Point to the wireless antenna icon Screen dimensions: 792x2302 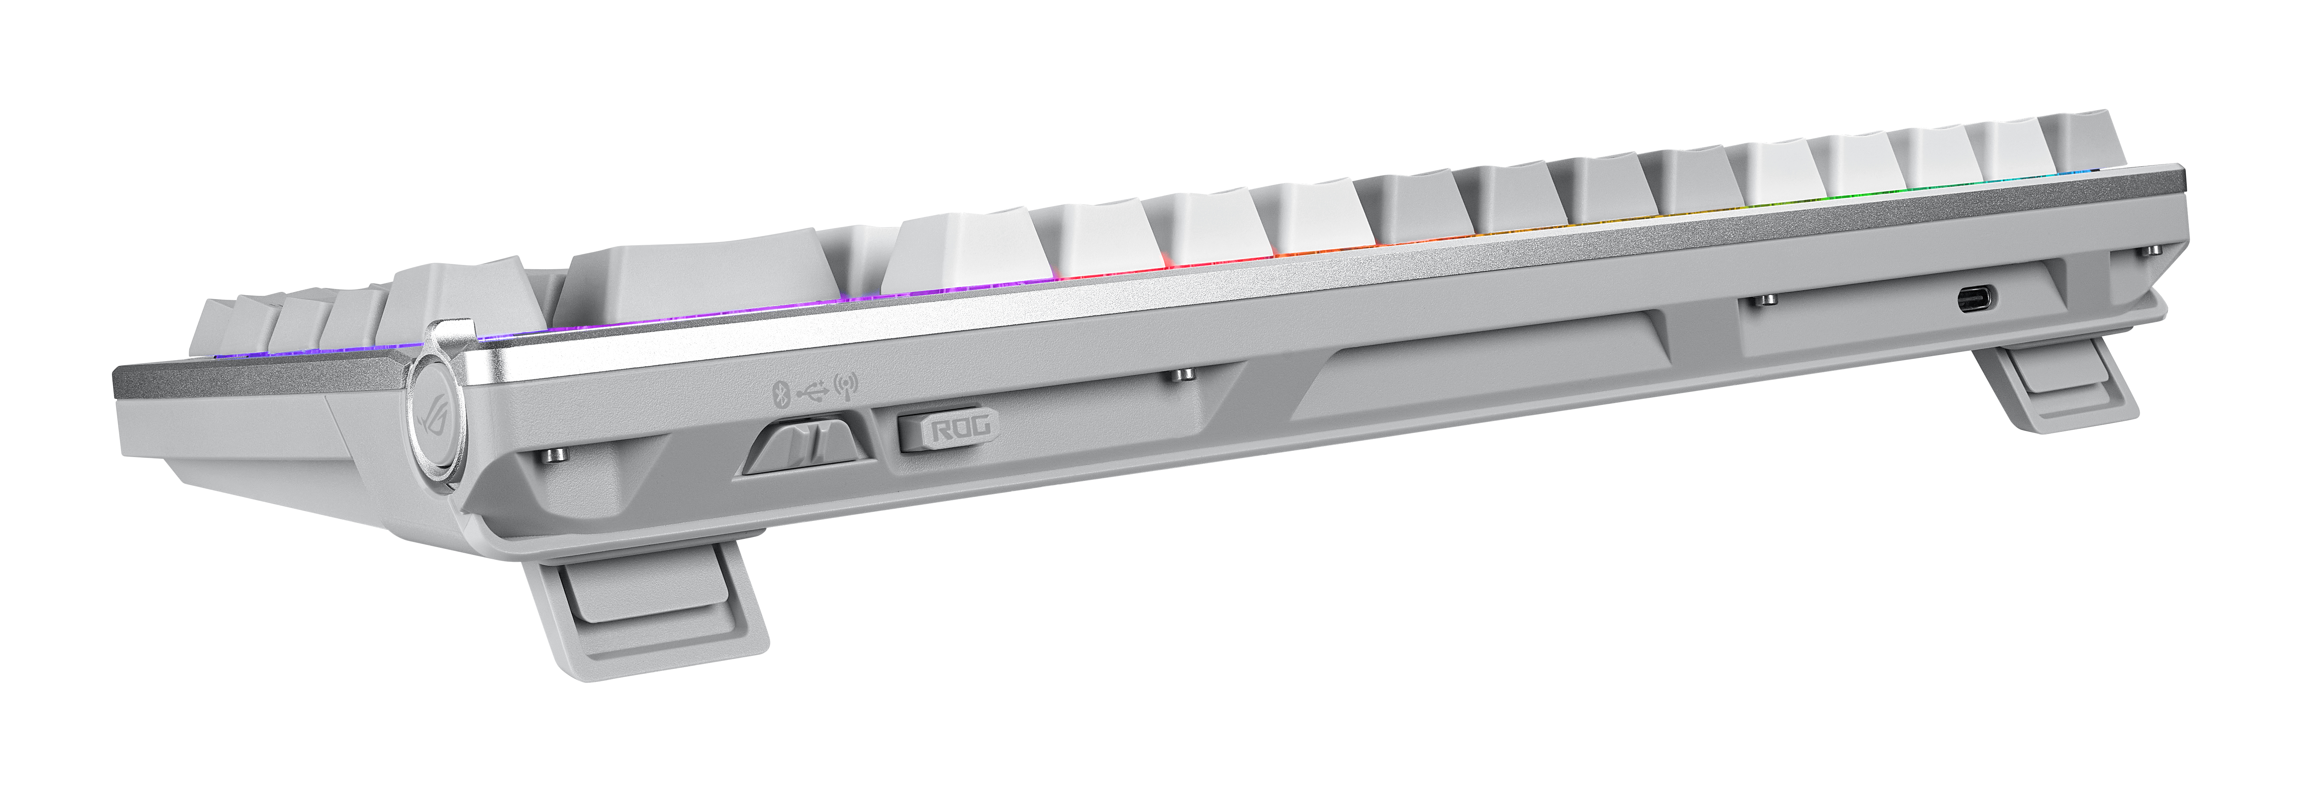pos(844,386)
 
